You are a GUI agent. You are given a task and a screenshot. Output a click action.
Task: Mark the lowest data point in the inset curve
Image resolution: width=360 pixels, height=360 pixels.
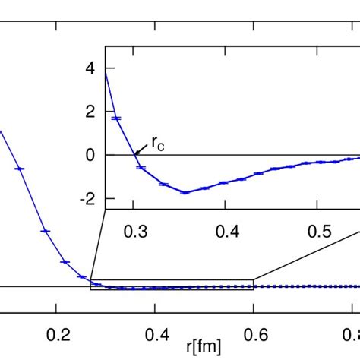click(x=185, y=192)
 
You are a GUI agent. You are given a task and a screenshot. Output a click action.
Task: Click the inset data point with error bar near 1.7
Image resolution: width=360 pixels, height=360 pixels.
click(x=117, y=118)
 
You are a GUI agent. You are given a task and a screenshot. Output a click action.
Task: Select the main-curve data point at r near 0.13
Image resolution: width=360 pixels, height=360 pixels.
click(x=21, y=168)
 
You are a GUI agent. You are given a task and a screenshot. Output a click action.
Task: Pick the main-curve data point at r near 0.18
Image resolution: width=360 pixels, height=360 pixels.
click(x=45, y=230)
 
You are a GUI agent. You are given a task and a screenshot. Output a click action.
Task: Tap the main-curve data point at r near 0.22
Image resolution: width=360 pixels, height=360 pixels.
click(x=65, y=261)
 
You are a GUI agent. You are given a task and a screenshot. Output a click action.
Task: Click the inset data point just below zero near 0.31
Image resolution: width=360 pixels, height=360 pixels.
click(x=141, y=167)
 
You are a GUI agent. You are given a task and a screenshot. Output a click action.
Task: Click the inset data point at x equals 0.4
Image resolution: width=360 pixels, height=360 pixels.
click(x=223, y=182)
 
